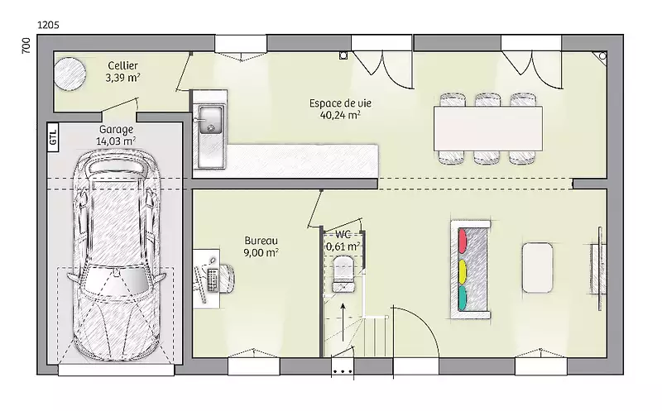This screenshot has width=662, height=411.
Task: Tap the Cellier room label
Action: (122, 65)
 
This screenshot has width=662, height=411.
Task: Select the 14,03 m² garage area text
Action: (116, 141)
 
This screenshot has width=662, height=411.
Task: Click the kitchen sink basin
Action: (211, 120)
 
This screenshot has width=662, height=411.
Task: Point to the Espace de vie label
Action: (340, 103)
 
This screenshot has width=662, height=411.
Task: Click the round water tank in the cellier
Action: (70, 74)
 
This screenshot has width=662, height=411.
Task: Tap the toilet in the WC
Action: (343, 275)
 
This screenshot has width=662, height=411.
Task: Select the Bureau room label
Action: (261, 241)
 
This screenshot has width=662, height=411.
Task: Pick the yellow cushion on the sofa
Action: (463, 272)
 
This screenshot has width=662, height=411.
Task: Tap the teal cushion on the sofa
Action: (463, 298)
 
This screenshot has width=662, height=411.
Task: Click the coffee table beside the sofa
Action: (537, 268)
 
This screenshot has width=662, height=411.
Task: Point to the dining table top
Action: (488, 128)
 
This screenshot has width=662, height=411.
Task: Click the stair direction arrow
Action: (343, 322)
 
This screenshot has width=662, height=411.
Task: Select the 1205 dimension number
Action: (49, 25)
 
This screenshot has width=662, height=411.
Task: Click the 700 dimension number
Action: (26, 45)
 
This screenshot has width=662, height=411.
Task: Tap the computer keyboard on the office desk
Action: (213, 280)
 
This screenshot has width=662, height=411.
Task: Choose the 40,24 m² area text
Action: (340, 115)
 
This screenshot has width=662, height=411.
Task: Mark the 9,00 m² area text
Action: (261, 252)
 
